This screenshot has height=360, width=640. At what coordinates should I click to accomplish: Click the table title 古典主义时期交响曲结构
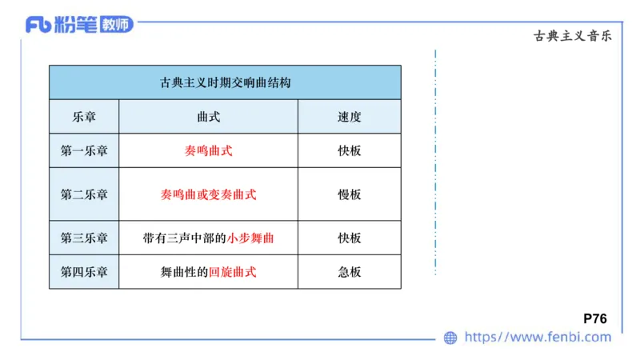click(225, 82)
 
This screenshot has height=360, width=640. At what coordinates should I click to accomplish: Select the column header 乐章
click(84, 117)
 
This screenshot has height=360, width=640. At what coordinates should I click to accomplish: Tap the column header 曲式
click(208, 117)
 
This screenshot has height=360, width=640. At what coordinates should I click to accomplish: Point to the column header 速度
click(350, 117)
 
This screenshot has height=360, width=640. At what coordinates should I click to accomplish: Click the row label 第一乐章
click(84, 150)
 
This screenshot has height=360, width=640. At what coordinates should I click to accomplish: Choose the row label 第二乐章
click(84, 194)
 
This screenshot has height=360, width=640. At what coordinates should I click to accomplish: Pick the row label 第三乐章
click(84, 238)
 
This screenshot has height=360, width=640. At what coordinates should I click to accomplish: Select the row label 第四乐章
click(84, 272)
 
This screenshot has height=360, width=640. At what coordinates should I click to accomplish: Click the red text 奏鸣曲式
click(208, 150)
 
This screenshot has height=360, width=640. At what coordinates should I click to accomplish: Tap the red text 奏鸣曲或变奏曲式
click(208, 194)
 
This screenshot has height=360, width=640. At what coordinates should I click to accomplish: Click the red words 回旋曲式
click(232, 272)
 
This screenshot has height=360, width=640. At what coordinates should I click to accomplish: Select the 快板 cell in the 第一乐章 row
click(350, 150)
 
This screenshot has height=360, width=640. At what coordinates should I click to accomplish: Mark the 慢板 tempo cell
click(350, 194)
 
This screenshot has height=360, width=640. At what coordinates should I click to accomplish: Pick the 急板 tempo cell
click(350, 272)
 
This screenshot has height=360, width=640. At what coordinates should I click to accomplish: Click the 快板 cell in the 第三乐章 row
click(350, 238)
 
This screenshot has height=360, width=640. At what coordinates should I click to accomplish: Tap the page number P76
click(595, 318)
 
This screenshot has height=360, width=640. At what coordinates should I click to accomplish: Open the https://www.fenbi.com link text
click(538, 338)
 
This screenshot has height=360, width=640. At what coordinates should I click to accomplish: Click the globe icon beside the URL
click(450, 338)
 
